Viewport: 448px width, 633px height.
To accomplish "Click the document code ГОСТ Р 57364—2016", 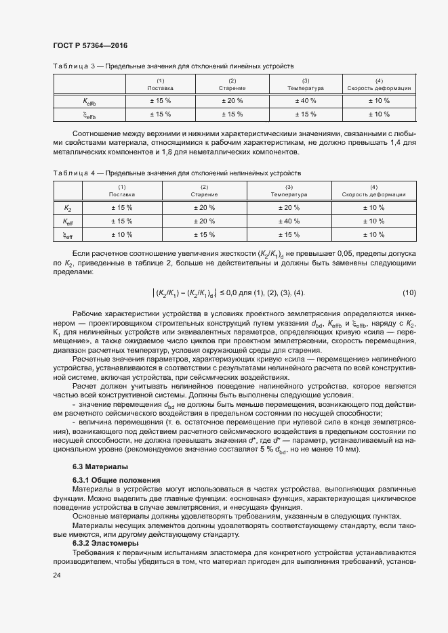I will (x=89, y=45).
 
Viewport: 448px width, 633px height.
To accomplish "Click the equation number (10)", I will (x=409, y=292).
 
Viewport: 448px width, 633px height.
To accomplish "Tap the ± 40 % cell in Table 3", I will (x=306, y=101).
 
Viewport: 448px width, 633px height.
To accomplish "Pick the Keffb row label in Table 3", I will (x=89, y=101).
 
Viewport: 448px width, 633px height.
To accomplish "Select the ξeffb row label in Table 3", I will (x=89, y=114).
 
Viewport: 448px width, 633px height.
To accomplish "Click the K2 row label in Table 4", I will (x=68, y=207).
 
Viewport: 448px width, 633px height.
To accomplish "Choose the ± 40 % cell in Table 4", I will (x=289, y=221).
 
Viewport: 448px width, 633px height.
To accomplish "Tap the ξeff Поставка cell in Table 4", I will (x=121, y=235).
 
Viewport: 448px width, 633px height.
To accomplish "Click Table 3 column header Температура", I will (x=306, y=85).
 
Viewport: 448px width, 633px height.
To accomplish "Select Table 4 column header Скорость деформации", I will (x=373, y=191).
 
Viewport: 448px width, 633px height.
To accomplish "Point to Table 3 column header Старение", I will (x=232, y=85).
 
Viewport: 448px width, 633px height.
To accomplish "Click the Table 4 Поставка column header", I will (x=121, y=191).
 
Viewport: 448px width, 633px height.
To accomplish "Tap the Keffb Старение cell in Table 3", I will (x=232, y=101).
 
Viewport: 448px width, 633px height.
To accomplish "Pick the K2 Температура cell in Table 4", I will (x=289, y=207).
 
